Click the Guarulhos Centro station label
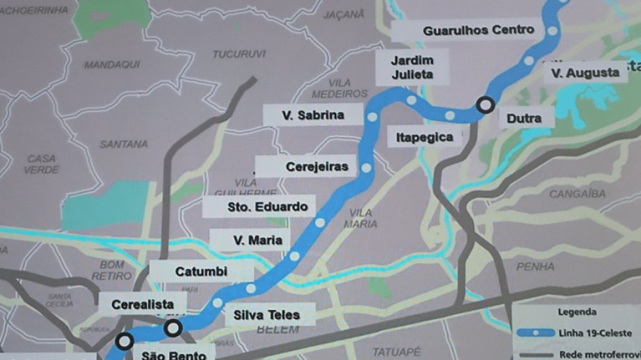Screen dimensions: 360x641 [x=468, y=30]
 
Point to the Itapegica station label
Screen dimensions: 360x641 [x=425, y=137]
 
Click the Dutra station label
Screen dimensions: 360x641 [x=524, y=118]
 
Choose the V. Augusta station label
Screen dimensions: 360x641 [x=584, y=72]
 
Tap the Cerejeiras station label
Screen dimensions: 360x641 [x=317, y=167]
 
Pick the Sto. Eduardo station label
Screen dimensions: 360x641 [x=267, y=207]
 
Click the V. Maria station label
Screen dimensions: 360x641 [x=258, y=240]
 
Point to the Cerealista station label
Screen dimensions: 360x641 [x=142, y=304]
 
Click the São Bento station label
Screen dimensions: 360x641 [x=173, y=354]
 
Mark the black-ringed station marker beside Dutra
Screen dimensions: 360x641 [x=485, y=105]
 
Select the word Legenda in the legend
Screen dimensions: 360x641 [x=577, y=311]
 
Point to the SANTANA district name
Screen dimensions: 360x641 [x=124, y=144]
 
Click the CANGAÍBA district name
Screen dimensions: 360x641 [x=574, y=193]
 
